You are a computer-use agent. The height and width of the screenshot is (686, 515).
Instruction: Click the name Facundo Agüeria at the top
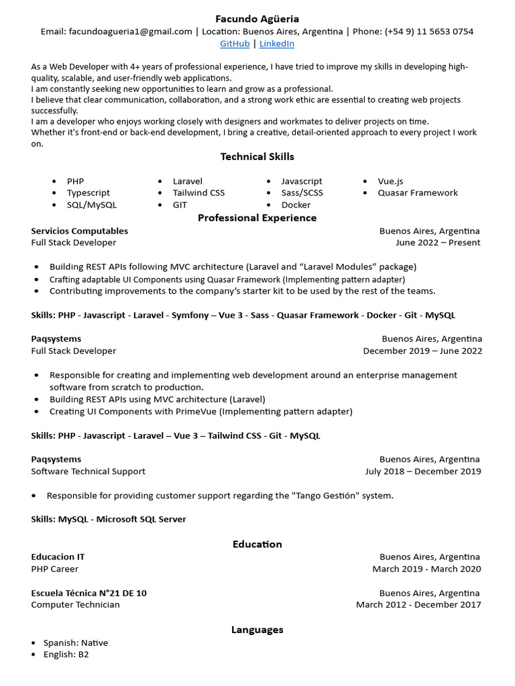(257, 19)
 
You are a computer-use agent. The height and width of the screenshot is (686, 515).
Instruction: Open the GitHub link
(235, 44)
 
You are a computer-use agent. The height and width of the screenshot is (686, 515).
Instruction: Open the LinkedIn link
(276, 44)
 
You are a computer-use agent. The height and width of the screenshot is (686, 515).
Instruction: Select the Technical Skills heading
(257, 157)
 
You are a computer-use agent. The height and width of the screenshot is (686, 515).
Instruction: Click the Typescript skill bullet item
(89, 193)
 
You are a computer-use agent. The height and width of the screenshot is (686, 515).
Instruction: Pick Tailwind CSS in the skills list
(198, 193)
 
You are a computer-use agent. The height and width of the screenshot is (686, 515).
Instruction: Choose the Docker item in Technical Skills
(296, 205)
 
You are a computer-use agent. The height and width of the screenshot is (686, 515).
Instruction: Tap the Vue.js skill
(390, 181)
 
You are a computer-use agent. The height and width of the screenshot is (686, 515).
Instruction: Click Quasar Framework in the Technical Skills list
(417, 193)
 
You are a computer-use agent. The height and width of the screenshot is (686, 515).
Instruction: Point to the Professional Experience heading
(257, 218)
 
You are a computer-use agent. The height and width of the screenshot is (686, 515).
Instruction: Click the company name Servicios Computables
(79, 231)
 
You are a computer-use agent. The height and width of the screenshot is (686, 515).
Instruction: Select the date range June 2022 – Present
(438, 243)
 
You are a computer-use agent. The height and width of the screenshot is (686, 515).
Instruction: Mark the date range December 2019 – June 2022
(422, 351)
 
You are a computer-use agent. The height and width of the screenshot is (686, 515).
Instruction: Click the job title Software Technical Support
(88, 472)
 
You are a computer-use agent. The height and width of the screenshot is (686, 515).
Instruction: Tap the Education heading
(257, 544)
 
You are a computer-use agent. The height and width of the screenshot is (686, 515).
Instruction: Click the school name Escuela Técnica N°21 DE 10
(89, 593)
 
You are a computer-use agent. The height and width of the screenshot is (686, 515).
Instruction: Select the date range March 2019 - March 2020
(426, 569)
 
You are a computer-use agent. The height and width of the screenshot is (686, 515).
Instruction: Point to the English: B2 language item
(66, 655)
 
